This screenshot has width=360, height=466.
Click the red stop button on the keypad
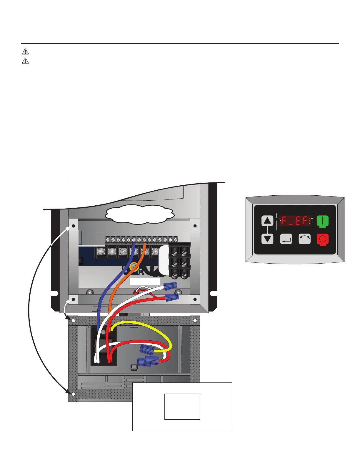[x=322, y=239]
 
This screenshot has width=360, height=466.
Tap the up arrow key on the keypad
[x=267, y=221]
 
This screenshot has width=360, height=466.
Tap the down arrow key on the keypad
[x=267, y=239]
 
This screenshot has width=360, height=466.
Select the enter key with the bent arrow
[x=286, y=239]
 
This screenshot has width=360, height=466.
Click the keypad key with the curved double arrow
[x=304, y=239]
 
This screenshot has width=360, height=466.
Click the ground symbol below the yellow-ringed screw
[x=141, y=272]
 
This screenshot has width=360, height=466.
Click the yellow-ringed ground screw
[x=134, y=267]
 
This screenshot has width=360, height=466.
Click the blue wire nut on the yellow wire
[x=147, y=349]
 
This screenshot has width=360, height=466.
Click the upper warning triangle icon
[x=25, y=52]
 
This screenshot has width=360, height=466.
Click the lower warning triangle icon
[x=25, y=61]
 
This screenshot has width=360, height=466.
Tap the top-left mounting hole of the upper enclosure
[x=73, y=226]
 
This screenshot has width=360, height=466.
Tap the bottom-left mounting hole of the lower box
[x=73, y=394]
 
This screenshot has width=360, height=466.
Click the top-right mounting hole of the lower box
[x=195, y=320]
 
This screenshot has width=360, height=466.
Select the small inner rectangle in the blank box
[x=182, y=407]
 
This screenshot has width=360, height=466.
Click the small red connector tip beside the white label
[x=136, y=292]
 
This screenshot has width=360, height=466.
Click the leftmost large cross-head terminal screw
[x=101, y=252]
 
